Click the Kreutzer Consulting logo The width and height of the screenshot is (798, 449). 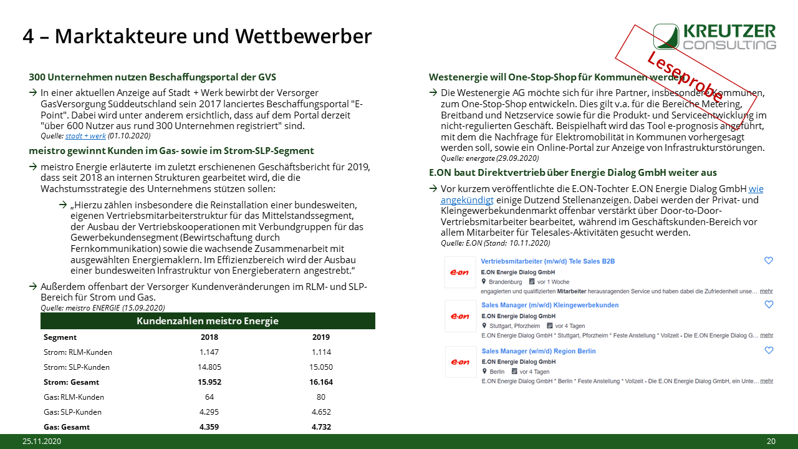point(714,37)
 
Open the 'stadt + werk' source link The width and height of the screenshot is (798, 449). point(85,135)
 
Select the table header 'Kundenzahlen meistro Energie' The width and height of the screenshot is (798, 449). point(208,321)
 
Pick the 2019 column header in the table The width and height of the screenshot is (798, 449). point(321,337)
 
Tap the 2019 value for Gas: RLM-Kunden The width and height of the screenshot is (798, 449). point(321,397)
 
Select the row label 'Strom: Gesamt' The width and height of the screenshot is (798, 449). point(72,382)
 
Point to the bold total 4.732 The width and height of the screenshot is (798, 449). point(321,427)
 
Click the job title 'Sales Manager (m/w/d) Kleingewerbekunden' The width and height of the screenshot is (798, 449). point(550,306)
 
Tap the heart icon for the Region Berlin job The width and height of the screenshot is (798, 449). point(769,350)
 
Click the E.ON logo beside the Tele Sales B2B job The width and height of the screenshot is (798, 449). point(460,273)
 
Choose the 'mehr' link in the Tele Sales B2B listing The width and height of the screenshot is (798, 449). point(766,291)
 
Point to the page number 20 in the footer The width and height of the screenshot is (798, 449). point(771,442)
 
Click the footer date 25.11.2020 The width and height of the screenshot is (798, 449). point(42,442)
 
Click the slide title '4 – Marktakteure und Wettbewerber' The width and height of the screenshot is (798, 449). point(197,36)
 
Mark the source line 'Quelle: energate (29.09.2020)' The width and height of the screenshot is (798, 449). point(490,158)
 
